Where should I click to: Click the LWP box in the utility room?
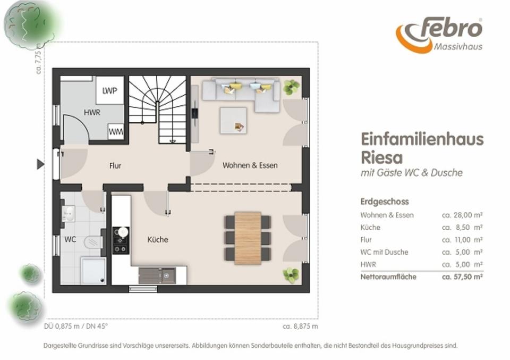point(110,90)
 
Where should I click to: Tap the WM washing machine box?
point(116,131)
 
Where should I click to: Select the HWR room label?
point(92,113)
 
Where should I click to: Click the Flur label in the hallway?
point(115,166)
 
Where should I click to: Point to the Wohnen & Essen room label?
point(250,165)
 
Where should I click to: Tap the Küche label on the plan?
point(158,240)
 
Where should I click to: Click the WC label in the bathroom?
point(70,240)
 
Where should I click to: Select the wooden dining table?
point(248,238)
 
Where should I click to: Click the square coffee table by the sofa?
point(233,120)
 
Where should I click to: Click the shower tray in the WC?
point(93,271)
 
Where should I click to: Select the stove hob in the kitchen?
point(121,240)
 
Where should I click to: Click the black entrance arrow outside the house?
point(40,164)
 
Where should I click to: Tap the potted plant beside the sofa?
point(291,87)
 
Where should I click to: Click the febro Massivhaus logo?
point(439,35)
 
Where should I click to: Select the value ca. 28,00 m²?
point(462,215)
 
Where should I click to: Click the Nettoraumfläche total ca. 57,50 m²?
point(462,277)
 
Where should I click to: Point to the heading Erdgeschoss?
point(385,202)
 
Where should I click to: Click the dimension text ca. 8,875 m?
point(300,326)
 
